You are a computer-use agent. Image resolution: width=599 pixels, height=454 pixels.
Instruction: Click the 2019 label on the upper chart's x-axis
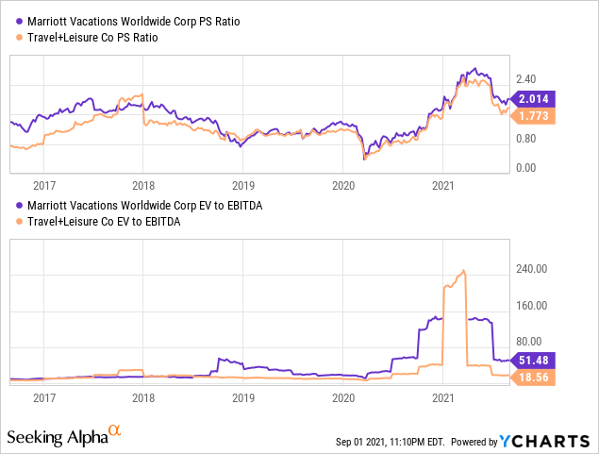coord(243,186)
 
